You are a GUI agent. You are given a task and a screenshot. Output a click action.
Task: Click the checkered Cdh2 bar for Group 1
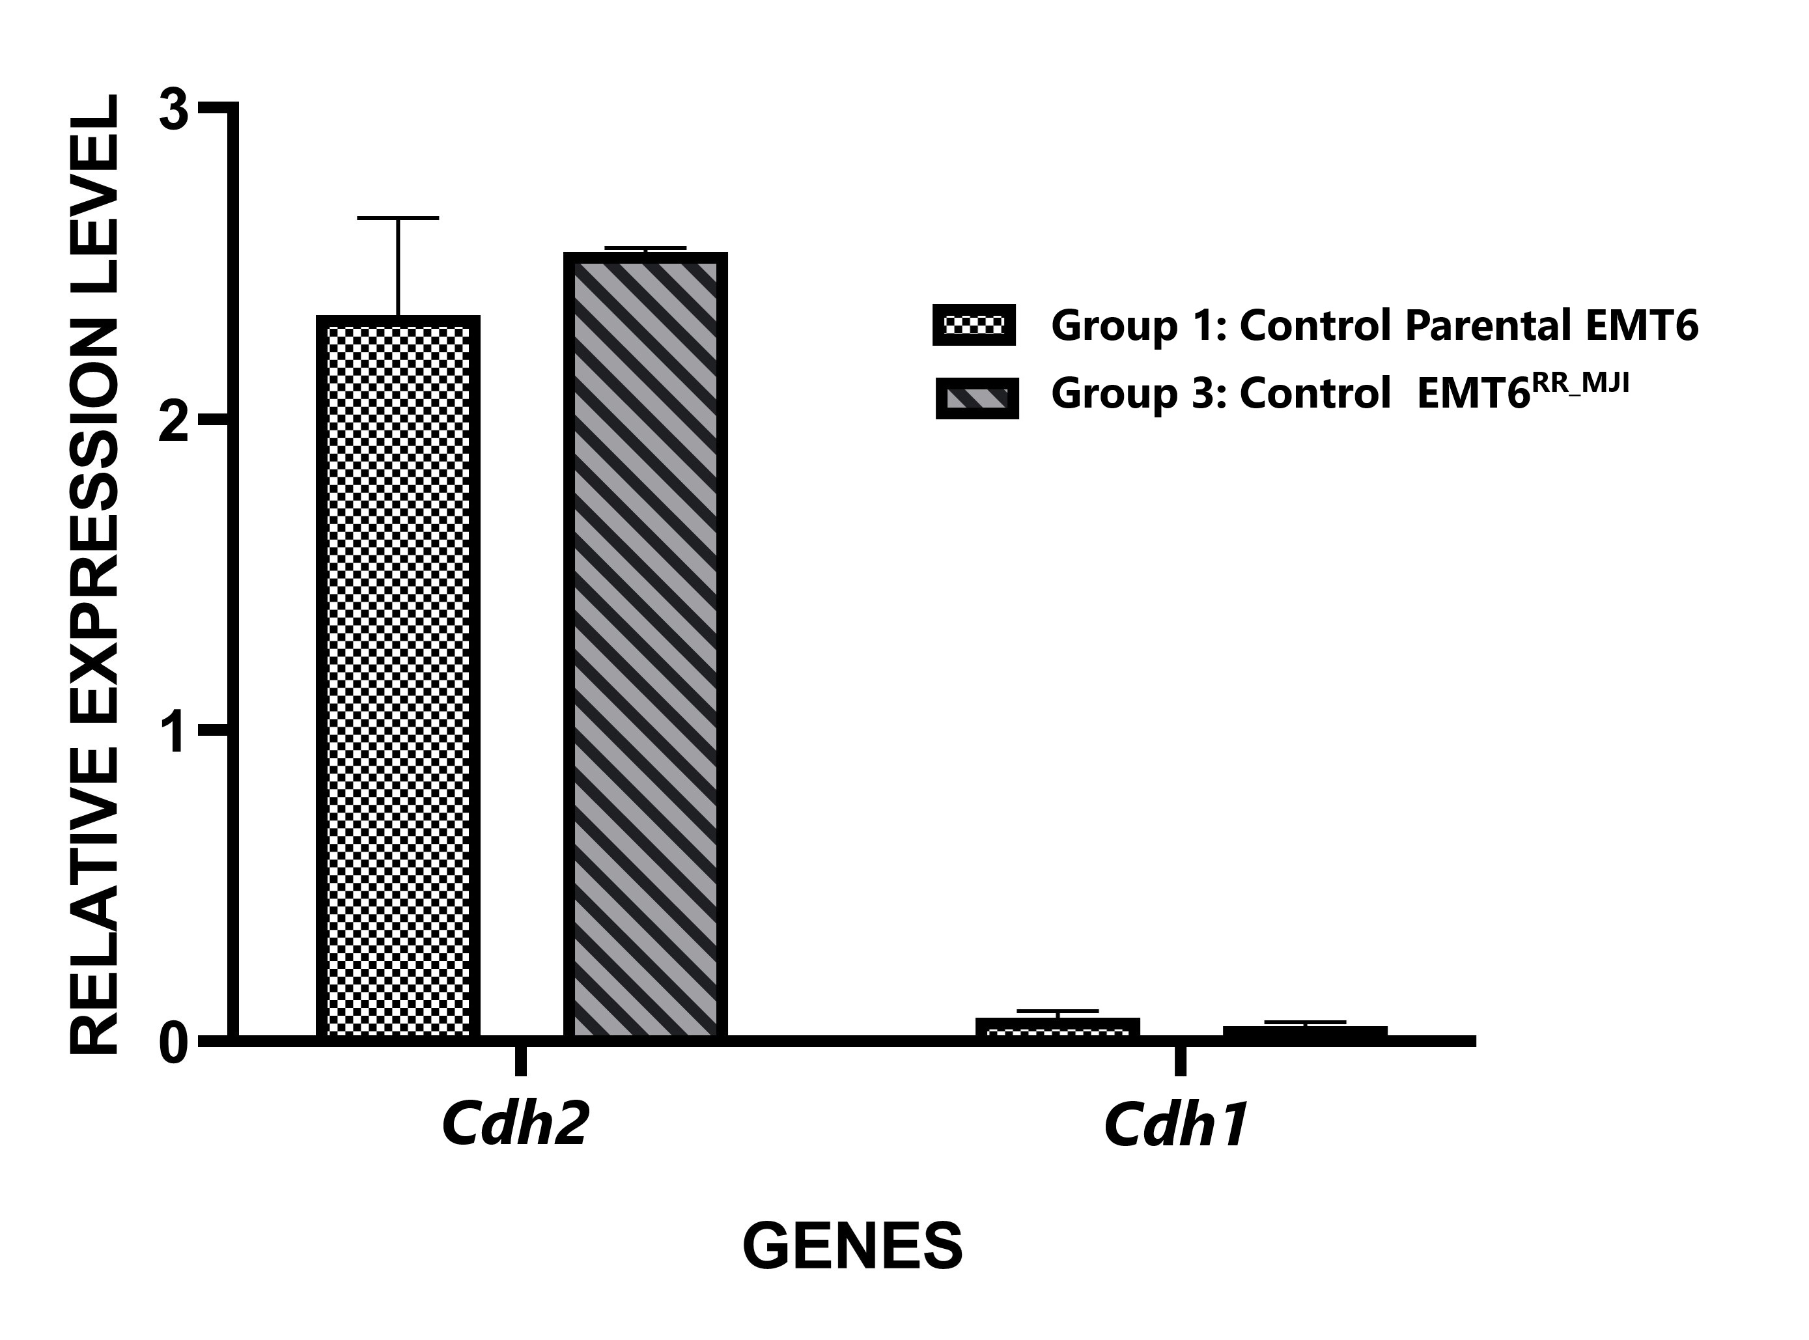pyautogui.click(x=397, y=677)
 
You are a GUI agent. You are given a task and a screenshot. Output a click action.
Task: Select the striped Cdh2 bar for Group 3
pyautogui.click(x=645, y=645)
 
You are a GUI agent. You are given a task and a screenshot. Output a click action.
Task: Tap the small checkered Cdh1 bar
pyautogui.click(x=1057, y=1027)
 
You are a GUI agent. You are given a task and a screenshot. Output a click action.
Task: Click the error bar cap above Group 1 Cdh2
pyautogui.click(x=397, y=218)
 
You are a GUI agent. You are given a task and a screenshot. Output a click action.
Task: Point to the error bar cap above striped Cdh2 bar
pyautogui.click(x=645, y=247)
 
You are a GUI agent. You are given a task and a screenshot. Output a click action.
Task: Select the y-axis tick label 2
pyautogui.click(x=175, y=419)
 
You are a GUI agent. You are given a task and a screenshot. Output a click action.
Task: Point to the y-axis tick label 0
pyautogui.click(x=175, y=1045)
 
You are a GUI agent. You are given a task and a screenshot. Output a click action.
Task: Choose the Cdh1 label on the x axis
pyautogui.click(x=1175, y=1126)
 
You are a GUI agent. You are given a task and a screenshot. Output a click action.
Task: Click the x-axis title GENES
pyautogui.click(x=852, y=1246)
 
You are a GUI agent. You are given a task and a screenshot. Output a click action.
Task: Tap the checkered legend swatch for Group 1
pyautogui.click(x=974, y=326)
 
